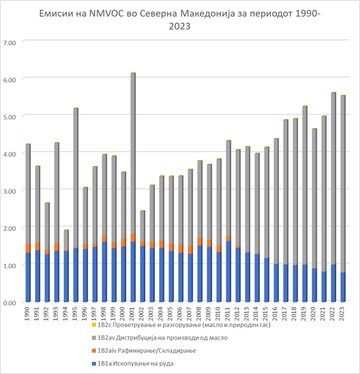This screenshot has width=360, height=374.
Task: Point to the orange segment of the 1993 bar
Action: [x=56, y=247]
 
